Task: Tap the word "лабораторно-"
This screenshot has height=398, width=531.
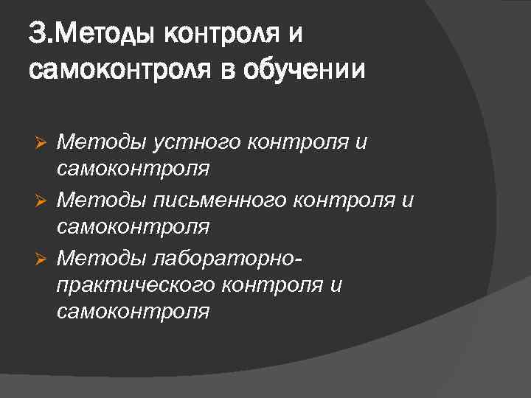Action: [x=226, y=256]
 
